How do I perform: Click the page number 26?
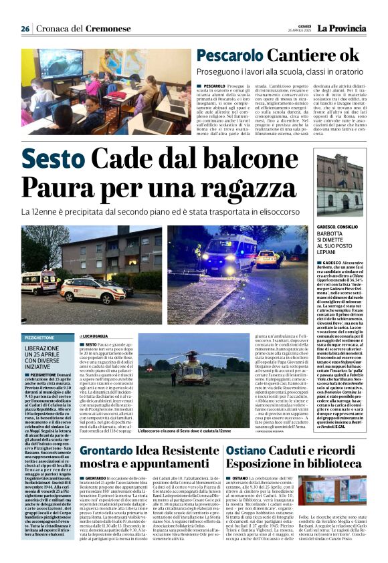pos(25,29)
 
